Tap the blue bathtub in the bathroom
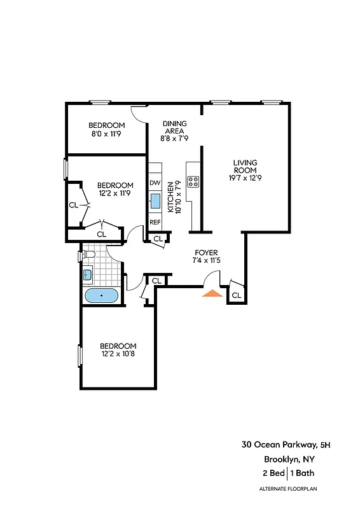pos(101,296)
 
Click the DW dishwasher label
pos(155,183)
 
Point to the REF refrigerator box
pos(155,222)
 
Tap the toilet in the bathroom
pos(88,256)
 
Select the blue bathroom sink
pos(88,275)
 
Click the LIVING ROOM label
pos(245,166)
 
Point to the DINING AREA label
pos(174,127)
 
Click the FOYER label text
pos(206,252)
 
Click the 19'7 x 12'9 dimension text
pos(245,178)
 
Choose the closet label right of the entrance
pos(236,295)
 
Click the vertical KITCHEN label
pos(170,197)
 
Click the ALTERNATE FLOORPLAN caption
pos(287,489)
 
